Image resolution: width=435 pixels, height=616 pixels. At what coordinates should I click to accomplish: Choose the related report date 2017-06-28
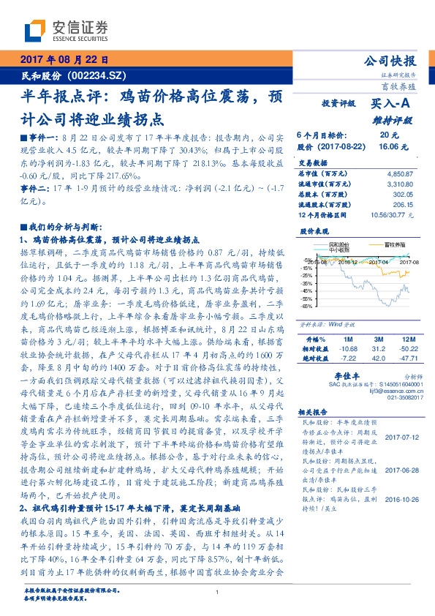click(399, 470)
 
